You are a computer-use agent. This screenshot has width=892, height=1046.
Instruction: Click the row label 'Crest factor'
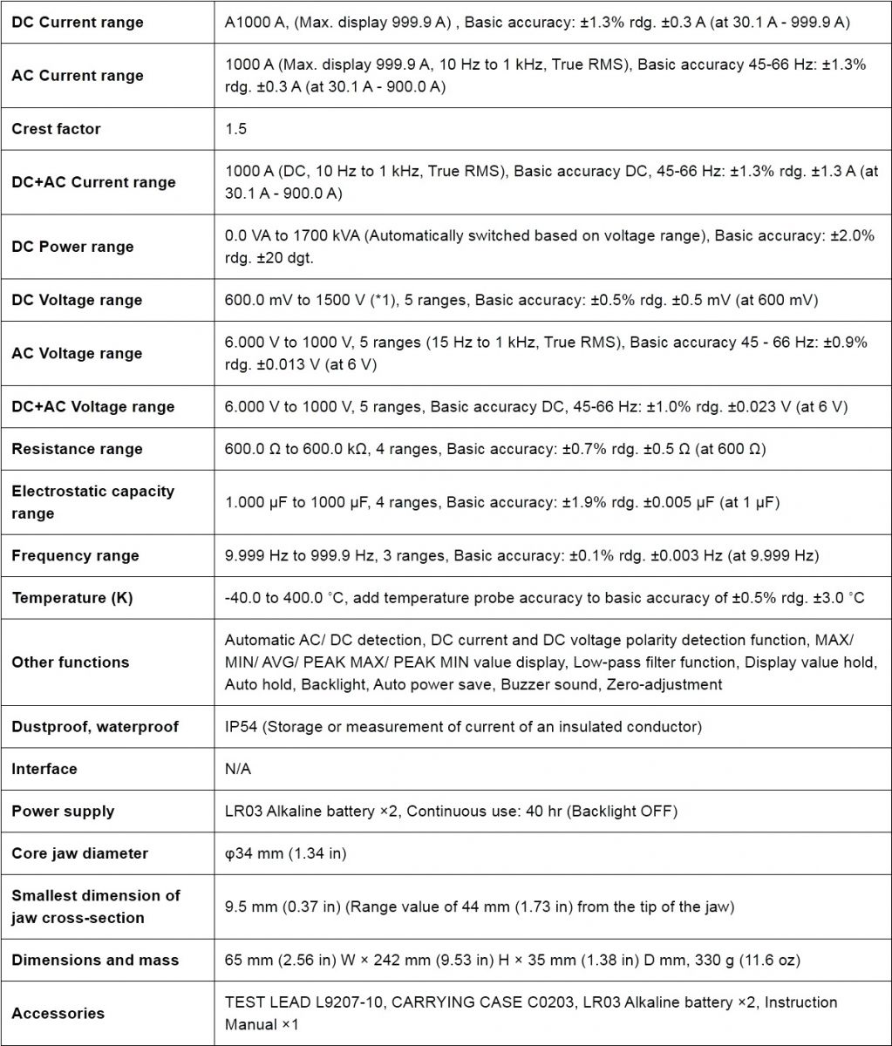[56, 129]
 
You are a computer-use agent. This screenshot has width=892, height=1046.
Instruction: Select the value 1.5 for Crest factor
[235, 129]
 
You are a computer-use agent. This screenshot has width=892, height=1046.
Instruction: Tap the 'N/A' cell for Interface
[238, 769]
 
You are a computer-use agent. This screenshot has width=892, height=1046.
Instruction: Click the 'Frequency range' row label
[75, 556]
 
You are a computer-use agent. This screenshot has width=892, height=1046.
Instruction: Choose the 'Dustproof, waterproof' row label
[95, 727]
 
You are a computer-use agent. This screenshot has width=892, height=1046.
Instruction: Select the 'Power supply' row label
[63, 812]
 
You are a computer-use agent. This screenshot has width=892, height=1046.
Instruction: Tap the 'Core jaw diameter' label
[80, 853]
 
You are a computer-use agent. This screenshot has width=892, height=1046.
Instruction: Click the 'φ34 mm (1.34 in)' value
[285, 853]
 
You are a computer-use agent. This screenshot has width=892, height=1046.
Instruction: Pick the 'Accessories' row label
[58, 1014]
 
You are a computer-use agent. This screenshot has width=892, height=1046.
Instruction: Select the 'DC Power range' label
[72, 247]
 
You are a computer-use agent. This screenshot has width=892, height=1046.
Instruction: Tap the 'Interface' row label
[44, 769]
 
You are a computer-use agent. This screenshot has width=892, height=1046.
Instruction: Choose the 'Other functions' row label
[70, 662]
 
